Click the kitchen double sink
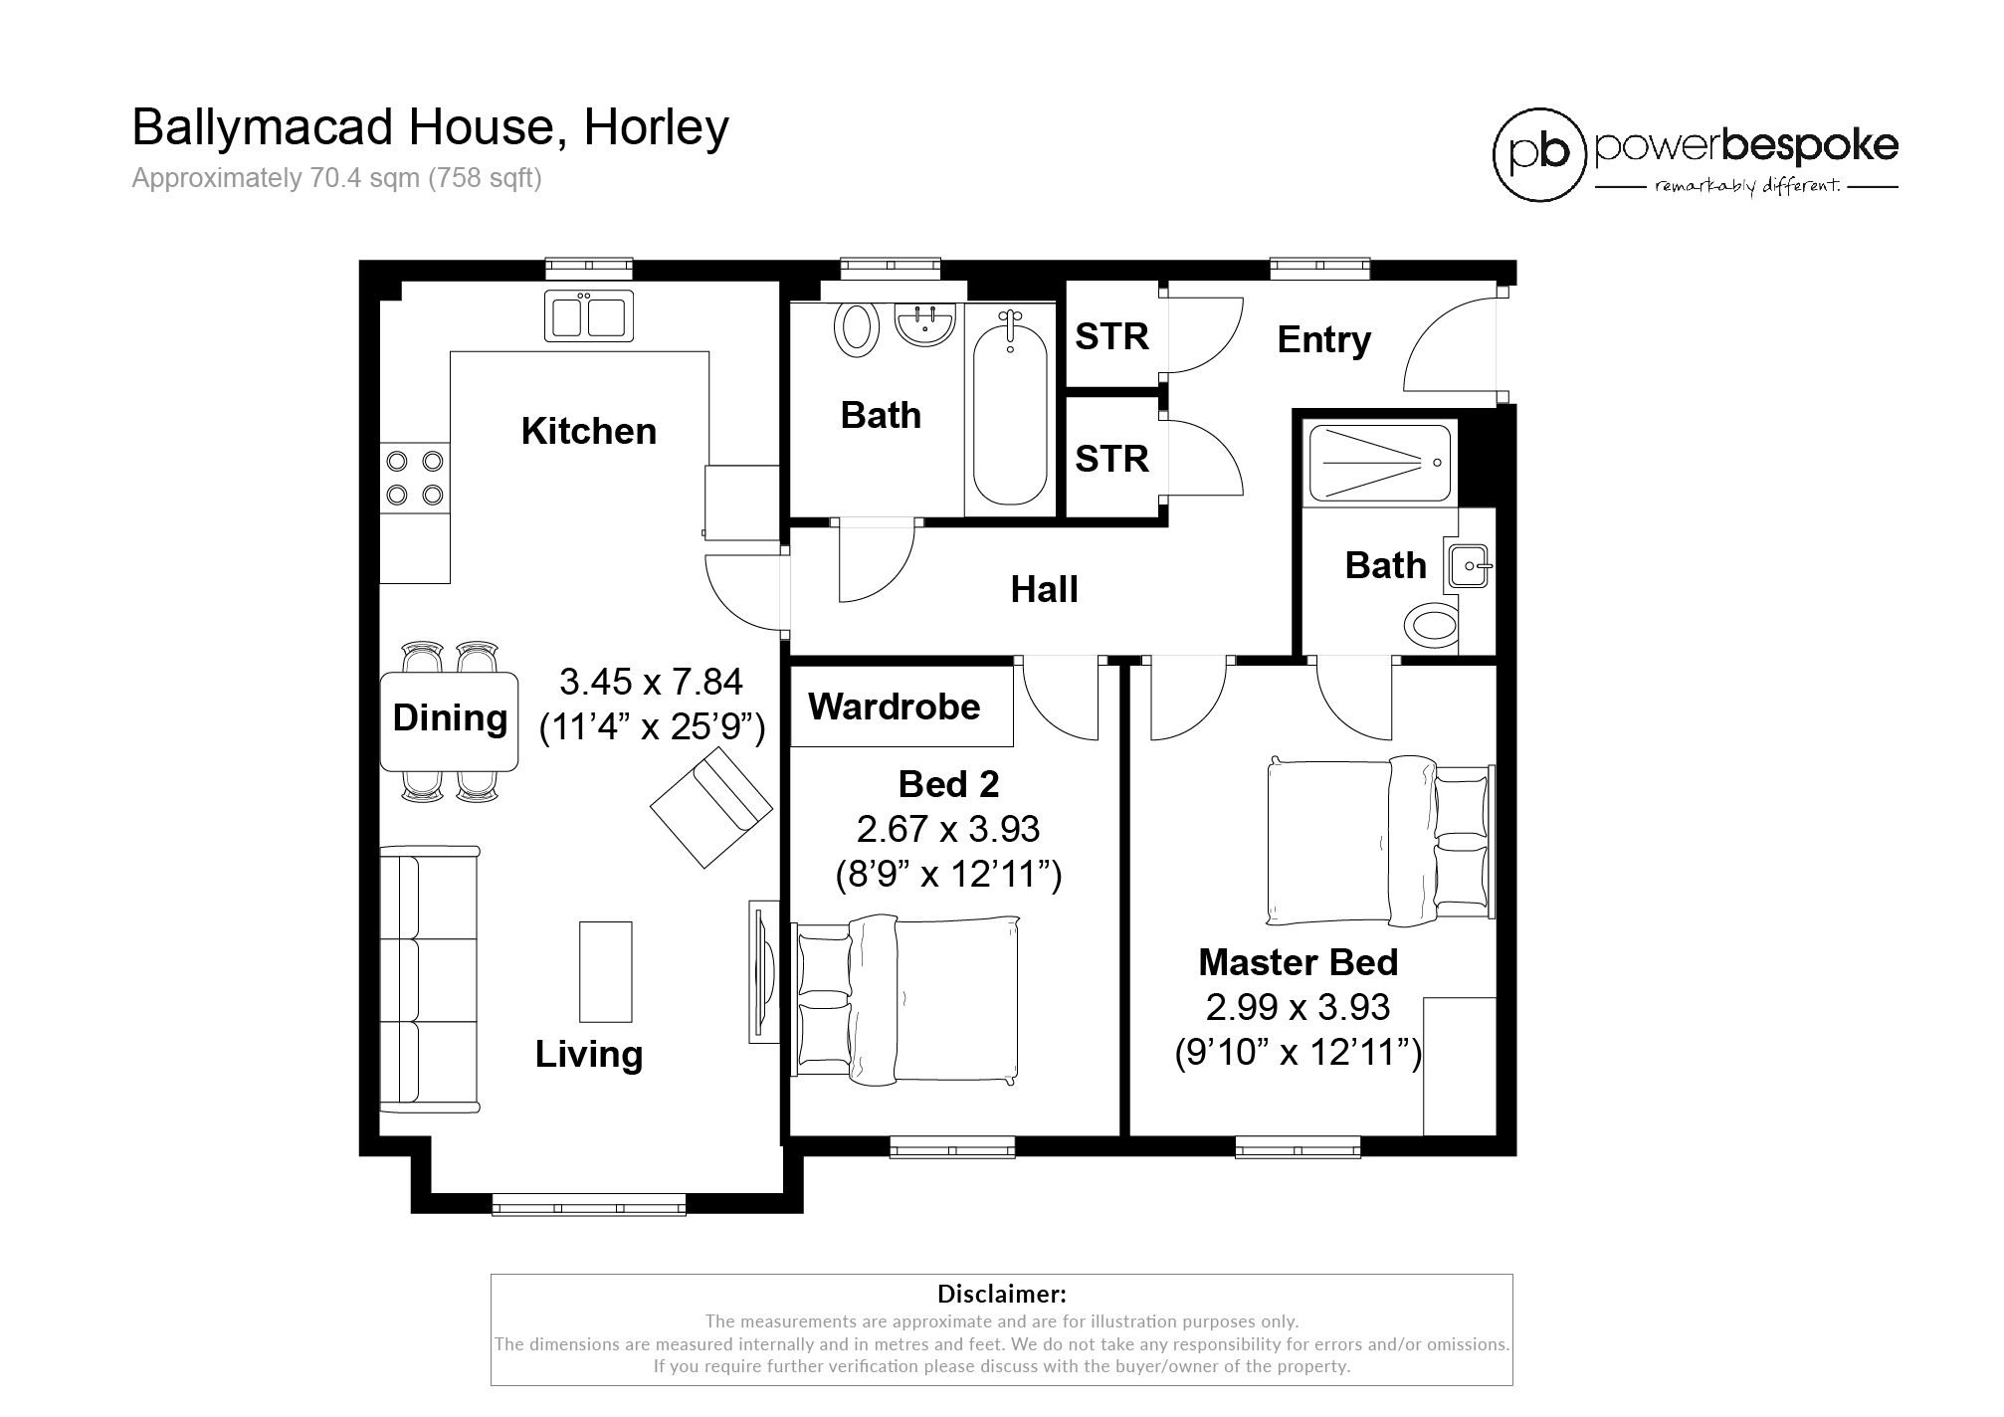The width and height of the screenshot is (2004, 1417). (x=588, y=315)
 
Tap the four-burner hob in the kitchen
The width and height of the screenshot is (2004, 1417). (x=415, y=478)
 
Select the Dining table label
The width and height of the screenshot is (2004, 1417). (x=450, y=718)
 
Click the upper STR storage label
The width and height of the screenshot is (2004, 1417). (x=1111, y=337)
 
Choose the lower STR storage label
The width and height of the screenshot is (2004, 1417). (x=1111, y=460)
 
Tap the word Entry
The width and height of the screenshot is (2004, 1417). (x=1323, y=340)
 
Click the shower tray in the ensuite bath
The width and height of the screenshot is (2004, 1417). (x=1379, y=463)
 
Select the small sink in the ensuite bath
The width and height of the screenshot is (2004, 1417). (x=1471, y=566)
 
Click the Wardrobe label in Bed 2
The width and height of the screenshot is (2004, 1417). (x=894, y=708)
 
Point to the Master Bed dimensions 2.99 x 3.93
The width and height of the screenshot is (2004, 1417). (x=1298, y=1008)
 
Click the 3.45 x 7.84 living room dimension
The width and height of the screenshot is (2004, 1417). (x=651, y=683)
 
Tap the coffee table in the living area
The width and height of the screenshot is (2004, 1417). (x=606, y=971)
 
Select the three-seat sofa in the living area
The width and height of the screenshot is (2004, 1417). (x=429, y=979)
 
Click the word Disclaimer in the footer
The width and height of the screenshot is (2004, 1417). (x=1001, y=1295)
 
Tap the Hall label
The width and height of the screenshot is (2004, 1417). (x=1044, y=590)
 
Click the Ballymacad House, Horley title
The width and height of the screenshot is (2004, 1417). (x=430, y=128)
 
